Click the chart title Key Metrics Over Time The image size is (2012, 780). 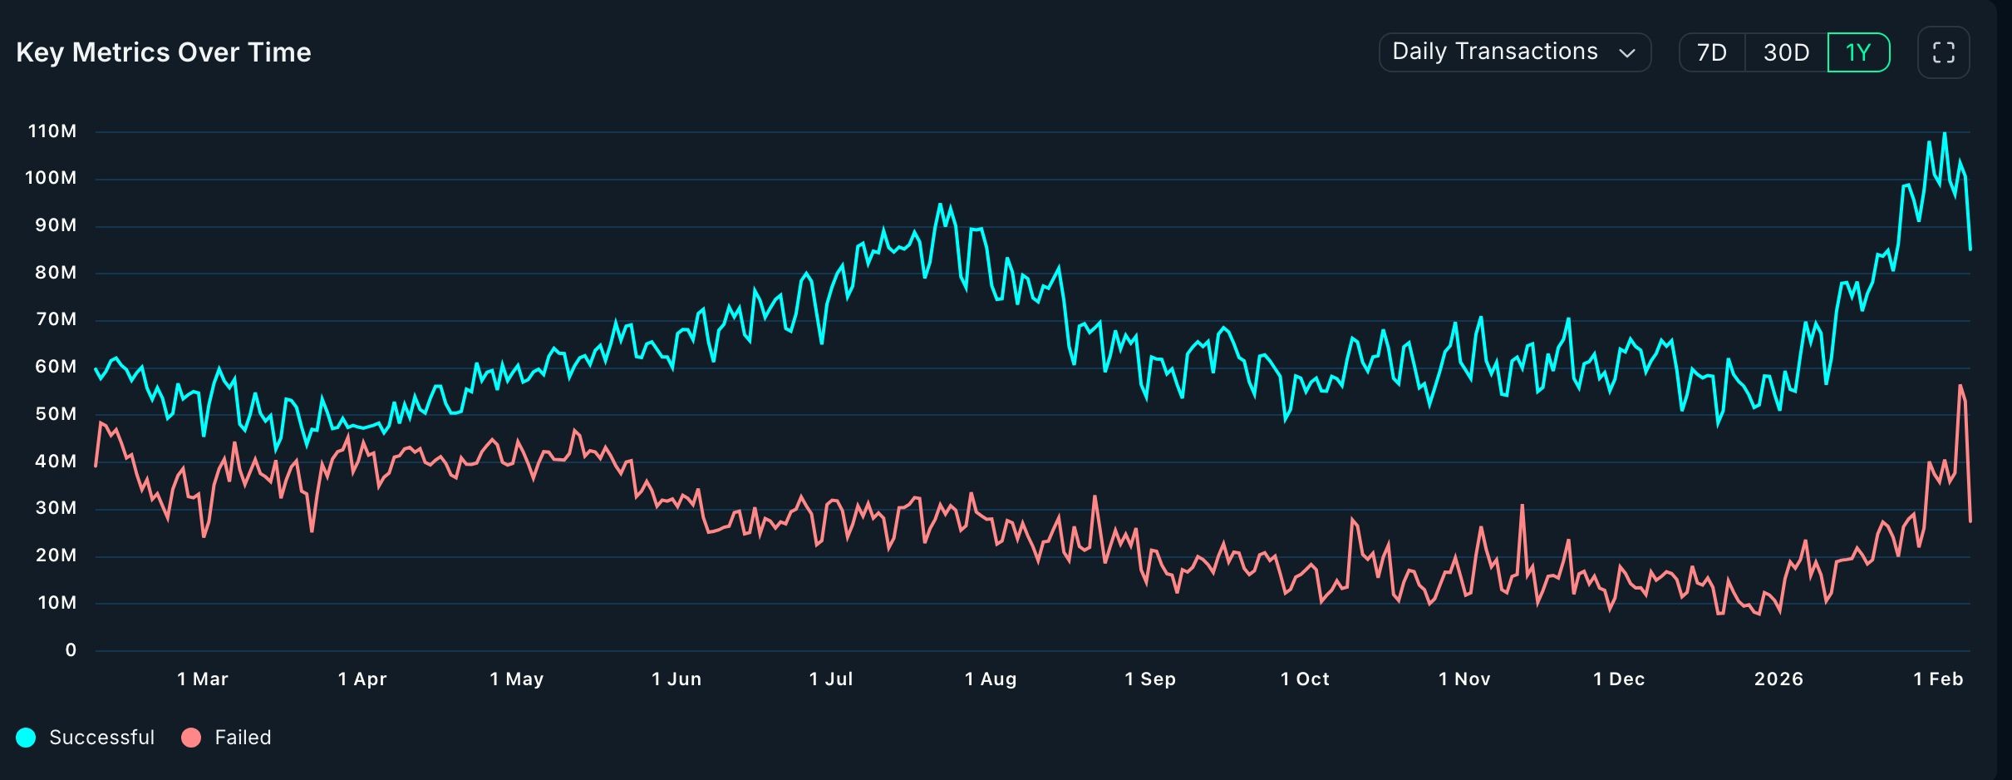point(164,52)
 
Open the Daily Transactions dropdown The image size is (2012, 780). point(1514,52)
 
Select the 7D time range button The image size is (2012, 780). point(1712,52)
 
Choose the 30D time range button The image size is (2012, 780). point(1786,52)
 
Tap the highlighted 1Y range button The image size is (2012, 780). point(1858,52)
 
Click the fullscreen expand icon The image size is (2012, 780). point(1943,52)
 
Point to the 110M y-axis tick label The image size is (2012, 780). point(52,131)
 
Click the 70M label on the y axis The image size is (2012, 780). point(56,319)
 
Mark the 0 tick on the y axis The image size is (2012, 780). point(71,650)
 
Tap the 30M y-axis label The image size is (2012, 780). point(56,508)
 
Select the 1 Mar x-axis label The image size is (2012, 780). point(203,679)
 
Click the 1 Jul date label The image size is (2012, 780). point(831,679)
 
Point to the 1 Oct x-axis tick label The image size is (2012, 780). point(1305,679)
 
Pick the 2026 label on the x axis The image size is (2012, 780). point(1778,679)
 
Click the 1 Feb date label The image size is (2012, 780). point(1938,679)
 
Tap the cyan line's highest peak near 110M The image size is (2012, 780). point(1944,134)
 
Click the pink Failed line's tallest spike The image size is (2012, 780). point(1960,386)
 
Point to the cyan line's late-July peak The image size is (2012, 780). point(940,205)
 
